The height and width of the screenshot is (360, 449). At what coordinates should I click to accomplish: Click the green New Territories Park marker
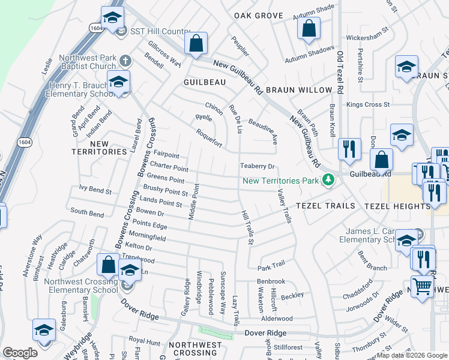coord(328,180)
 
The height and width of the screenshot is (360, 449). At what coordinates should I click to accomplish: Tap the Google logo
coord(20,353)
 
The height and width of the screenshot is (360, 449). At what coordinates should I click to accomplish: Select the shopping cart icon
coord(423,286)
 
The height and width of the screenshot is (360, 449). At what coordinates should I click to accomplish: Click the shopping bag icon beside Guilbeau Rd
coord(381,160)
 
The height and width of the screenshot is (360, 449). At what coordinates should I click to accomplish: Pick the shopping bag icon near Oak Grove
coord(309,28)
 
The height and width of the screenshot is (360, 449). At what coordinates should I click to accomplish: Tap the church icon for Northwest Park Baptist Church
coord(125,60)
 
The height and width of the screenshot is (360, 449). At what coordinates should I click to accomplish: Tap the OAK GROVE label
coord(259,16)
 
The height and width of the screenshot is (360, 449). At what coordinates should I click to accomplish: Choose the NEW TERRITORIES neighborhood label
coord(99,148)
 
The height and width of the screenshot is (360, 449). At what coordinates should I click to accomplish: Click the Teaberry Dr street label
coord(257,166)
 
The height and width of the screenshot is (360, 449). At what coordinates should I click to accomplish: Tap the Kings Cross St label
coord(368,105)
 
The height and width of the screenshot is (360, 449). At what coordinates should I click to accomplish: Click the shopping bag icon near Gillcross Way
coord(196,43)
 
